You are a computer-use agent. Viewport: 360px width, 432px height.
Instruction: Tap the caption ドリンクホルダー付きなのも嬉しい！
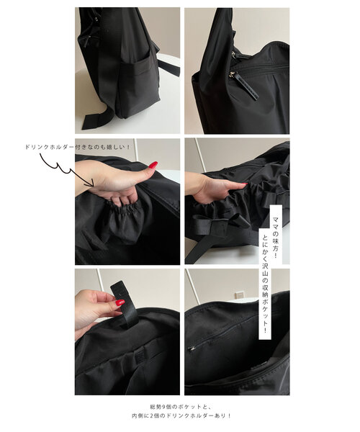[77, 147]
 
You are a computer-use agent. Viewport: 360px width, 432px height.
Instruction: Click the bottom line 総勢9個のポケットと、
[181, 407]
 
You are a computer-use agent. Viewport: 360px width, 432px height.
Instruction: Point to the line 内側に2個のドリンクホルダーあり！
[181, 415]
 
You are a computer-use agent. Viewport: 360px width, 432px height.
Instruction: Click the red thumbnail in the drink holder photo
[153, 165]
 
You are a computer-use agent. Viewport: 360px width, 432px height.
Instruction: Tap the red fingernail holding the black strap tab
[120, 302]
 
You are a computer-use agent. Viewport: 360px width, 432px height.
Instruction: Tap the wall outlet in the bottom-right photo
[239, 294]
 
